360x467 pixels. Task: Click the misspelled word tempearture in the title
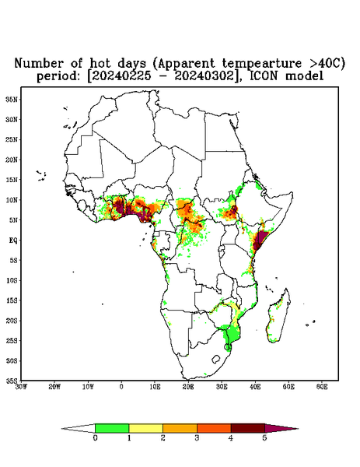click(x=261, y=64)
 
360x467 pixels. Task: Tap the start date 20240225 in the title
click(x=121, y=76)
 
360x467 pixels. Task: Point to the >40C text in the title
click(x=323, y=63)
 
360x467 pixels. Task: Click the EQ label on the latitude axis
click(x=13, y=240)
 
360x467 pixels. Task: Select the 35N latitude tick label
click(x=12, y=99)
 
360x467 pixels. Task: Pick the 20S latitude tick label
click(x=12, y=321)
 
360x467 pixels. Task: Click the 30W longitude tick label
click(x=21, y=387)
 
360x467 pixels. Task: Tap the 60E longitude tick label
click(x=322, y=387)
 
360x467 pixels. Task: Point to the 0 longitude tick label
click(x=121, y=387)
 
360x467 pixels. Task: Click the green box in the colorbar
click(x=112, y=428)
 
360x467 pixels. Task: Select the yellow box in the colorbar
click(x=145, y=428)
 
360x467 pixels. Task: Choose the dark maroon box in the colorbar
click(x=248, y=428)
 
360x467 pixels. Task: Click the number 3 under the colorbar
click(x=197, y=438)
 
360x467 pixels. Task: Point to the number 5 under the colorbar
click(x=264, y=438)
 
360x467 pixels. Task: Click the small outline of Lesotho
click(x=215, y=359)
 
